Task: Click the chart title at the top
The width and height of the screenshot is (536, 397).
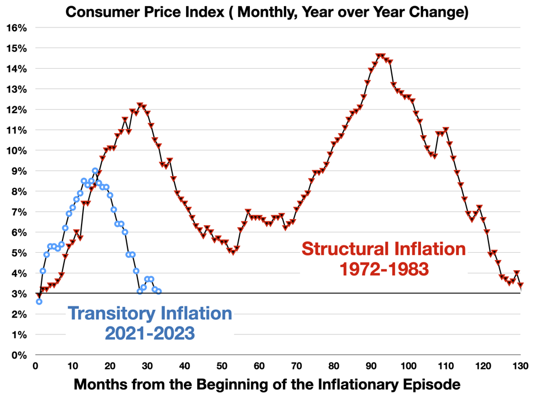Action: coord(267,12)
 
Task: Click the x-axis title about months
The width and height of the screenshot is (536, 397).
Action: coord(267,385)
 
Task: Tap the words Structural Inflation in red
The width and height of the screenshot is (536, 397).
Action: coord(383,248)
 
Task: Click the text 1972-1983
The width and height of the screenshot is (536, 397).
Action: coord(384,269)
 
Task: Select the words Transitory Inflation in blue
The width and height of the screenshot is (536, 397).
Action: coord(150,313)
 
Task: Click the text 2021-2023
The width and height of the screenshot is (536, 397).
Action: coord(150,334)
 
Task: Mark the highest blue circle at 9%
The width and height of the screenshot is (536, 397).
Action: coord(95,171)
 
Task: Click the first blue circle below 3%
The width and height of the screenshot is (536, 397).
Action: coord(39,301)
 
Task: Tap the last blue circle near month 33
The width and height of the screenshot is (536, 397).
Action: coord(158,291)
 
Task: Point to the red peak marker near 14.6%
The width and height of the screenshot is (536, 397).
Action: coord(380,56)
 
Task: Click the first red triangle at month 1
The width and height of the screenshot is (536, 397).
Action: coord(39,295)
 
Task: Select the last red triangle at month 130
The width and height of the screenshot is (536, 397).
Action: coord(520,285)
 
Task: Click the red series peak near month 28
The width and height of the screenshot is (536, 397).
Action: coord(140,105)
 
